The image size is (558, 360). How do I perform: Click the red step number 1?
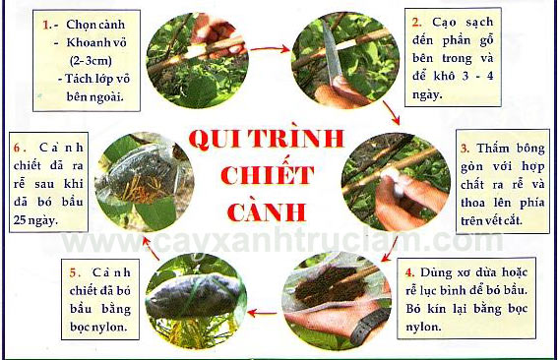coord(46,25)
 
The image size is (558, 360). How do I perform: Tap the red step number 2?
coord(416,23)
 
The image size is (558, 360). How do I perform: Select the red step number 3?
coord(465,148)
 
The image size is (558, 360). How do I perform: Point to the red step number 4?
coord(410,272)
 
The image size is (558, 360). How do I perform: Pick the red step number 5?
coord(75,273)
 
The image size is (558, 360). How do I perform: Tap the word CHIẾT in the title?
coord(268,174)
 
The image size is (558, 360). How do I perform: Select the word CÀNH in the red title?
coord(266,211)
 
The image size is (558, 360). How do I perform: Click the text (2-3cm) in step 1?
coord(91,60)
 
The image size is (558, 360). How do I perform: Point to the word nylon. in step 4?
coord(423,327)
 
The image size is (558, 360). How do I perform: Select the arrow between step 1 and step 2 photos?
coord(270,49)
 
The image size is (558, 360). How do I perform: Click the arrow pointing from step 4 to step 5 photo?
coord(263,313)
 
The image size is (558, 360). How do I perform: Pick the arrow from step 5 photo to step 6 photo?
coord(151,248)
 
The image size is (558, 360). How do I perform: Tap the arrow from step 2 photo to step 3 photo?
coord(391,112)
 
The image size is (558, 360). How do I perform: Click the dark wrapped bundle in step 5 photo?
coord(195,295)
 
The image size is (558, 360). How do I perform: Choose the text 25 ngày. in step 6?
coord(35,220)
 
